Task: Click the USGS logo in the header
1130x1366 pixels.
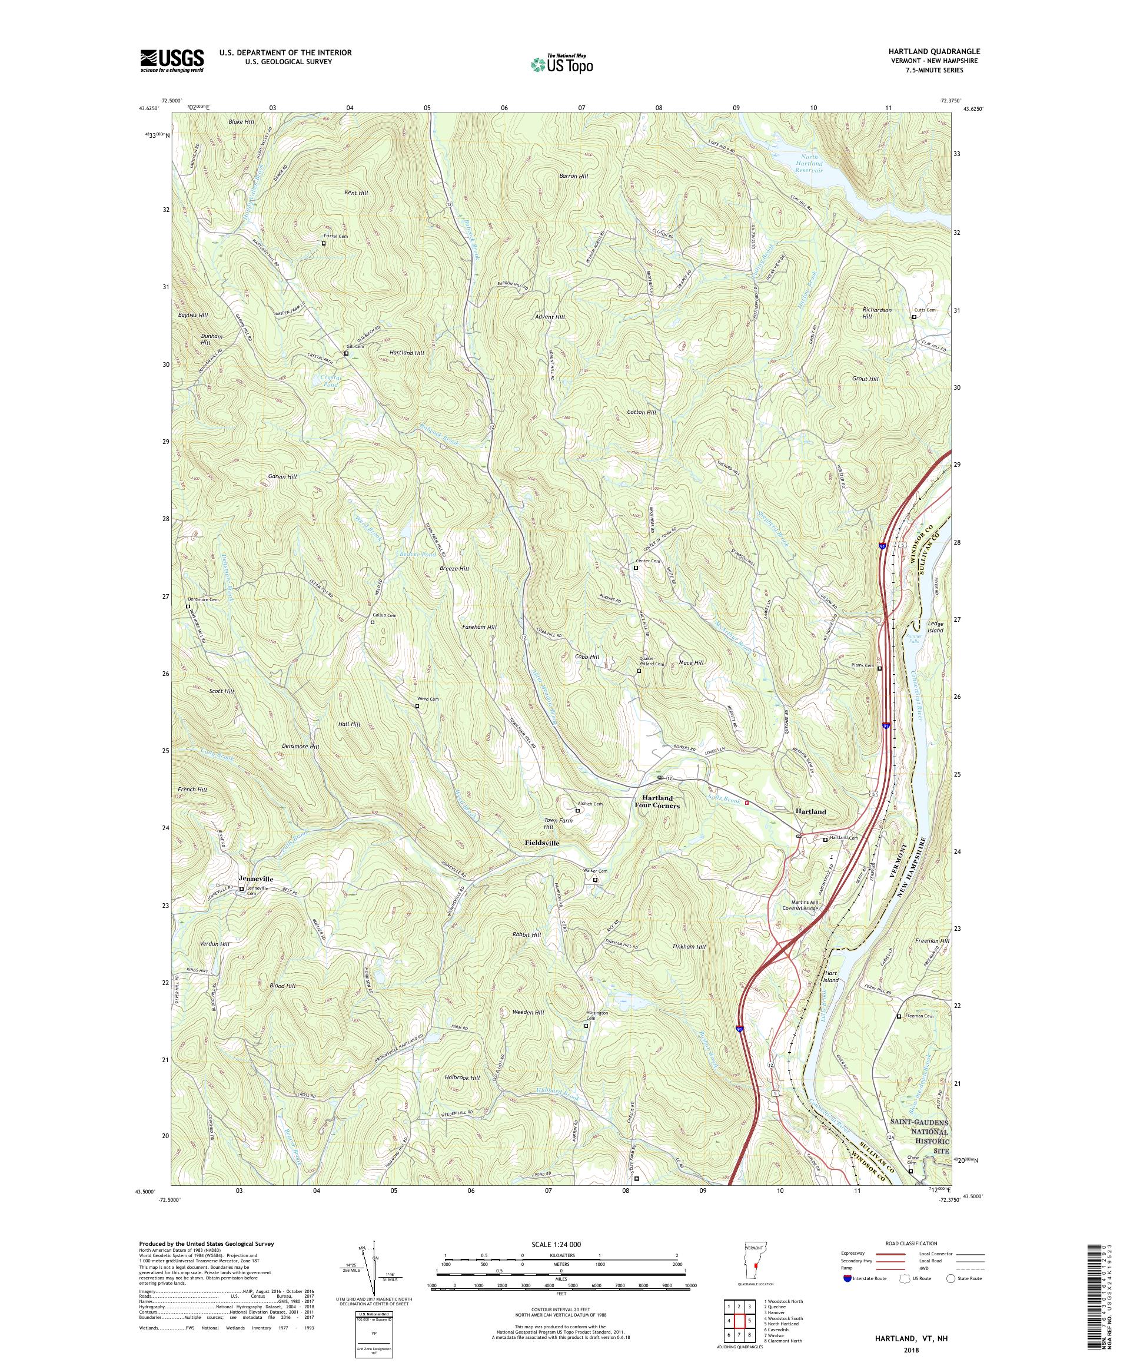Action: pos(172,61)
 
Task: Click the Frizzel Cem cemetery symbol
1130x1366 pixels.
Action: pos(324,243)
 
